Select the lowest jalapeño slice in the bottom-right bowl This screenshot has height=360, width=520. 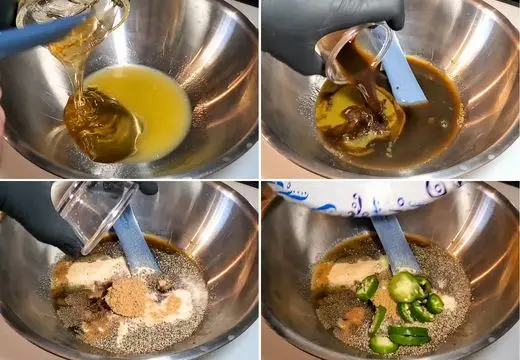383,344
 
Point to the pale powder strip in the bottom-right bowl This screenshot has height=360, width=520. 350,273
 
